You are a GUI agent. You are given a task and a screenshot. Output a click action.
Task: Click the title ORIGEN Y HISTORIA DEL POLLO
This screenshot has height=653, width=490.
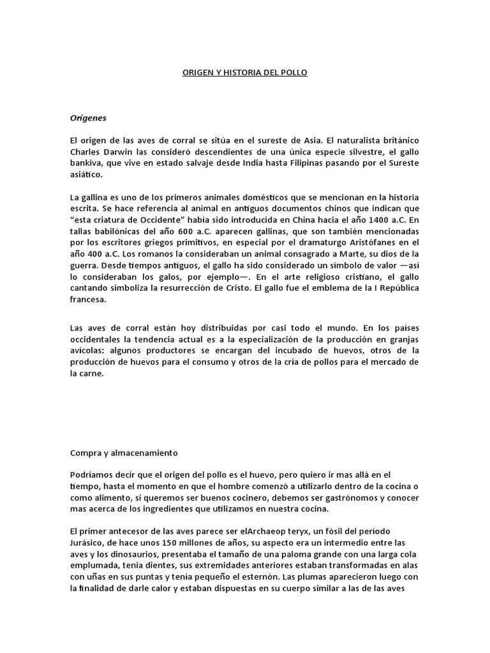click(245, 73)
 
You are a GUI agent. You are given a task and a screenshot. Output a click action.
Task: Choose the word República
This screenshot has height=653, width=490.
click(396, 288)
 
